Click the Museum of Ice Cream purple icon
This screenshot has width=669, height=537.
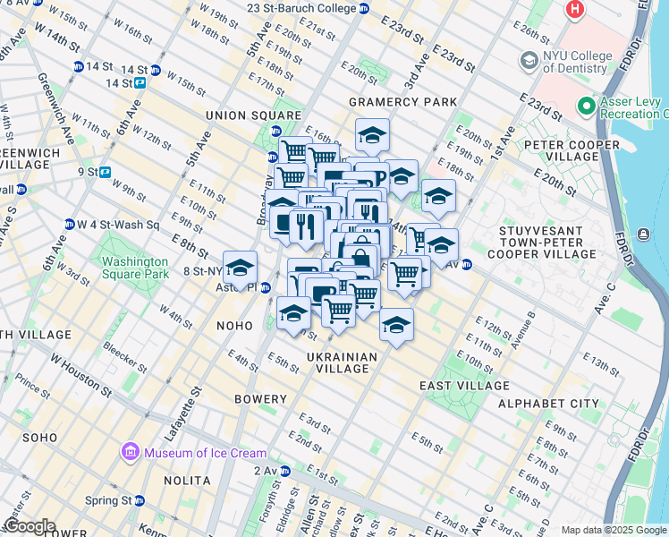131,452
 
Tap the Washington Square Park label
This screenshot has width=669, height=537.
134,268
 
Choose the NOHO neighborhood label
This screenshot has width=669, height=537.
236,327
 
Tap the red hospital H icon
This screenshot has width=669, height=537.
574,10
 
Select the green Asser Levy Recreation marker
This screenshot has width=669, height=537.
588,107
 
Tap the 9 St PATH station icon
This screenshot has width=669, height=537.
106,172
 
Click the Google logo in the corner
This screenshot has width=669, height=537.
29,525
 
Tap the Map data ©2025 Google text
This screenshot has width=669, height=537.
613,530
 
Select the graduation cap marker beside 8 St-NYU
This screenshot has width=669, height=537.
240,268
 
